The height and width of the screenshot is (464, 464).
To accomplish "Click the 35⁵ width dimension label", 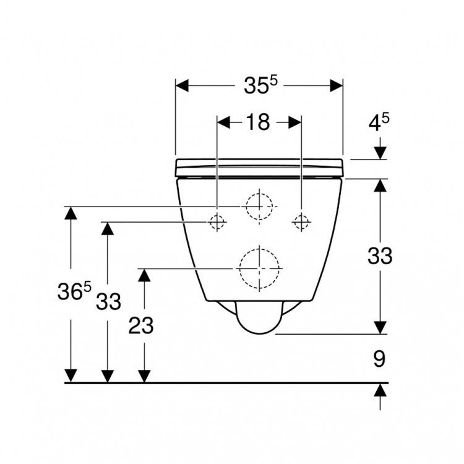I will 259,86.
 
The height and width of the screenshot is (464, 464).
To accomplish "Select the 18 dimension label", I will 257,122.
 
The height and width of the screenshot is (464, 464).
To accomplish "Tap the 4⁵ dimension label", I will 379,122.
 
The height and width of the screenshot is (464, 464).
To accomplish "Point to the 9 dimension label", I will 379,358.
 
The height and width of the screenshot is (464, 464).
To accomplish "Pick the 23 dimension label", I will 140,326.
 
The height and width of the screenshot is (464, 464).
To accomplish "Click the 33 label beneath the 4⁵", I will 379,256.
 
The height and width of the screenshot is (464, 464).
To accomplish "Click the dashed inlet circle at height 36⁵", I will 259,206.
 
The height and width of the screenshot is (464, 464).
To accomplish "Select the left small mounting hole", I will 217,221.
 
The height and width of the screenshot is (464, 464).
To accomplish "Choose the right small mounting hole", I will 301,221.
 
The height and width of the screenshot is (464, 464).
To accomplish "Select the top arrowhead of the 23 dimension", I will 144,275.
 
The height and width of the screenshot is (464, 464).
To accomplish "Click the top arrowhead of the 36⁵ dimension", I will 72,213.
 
